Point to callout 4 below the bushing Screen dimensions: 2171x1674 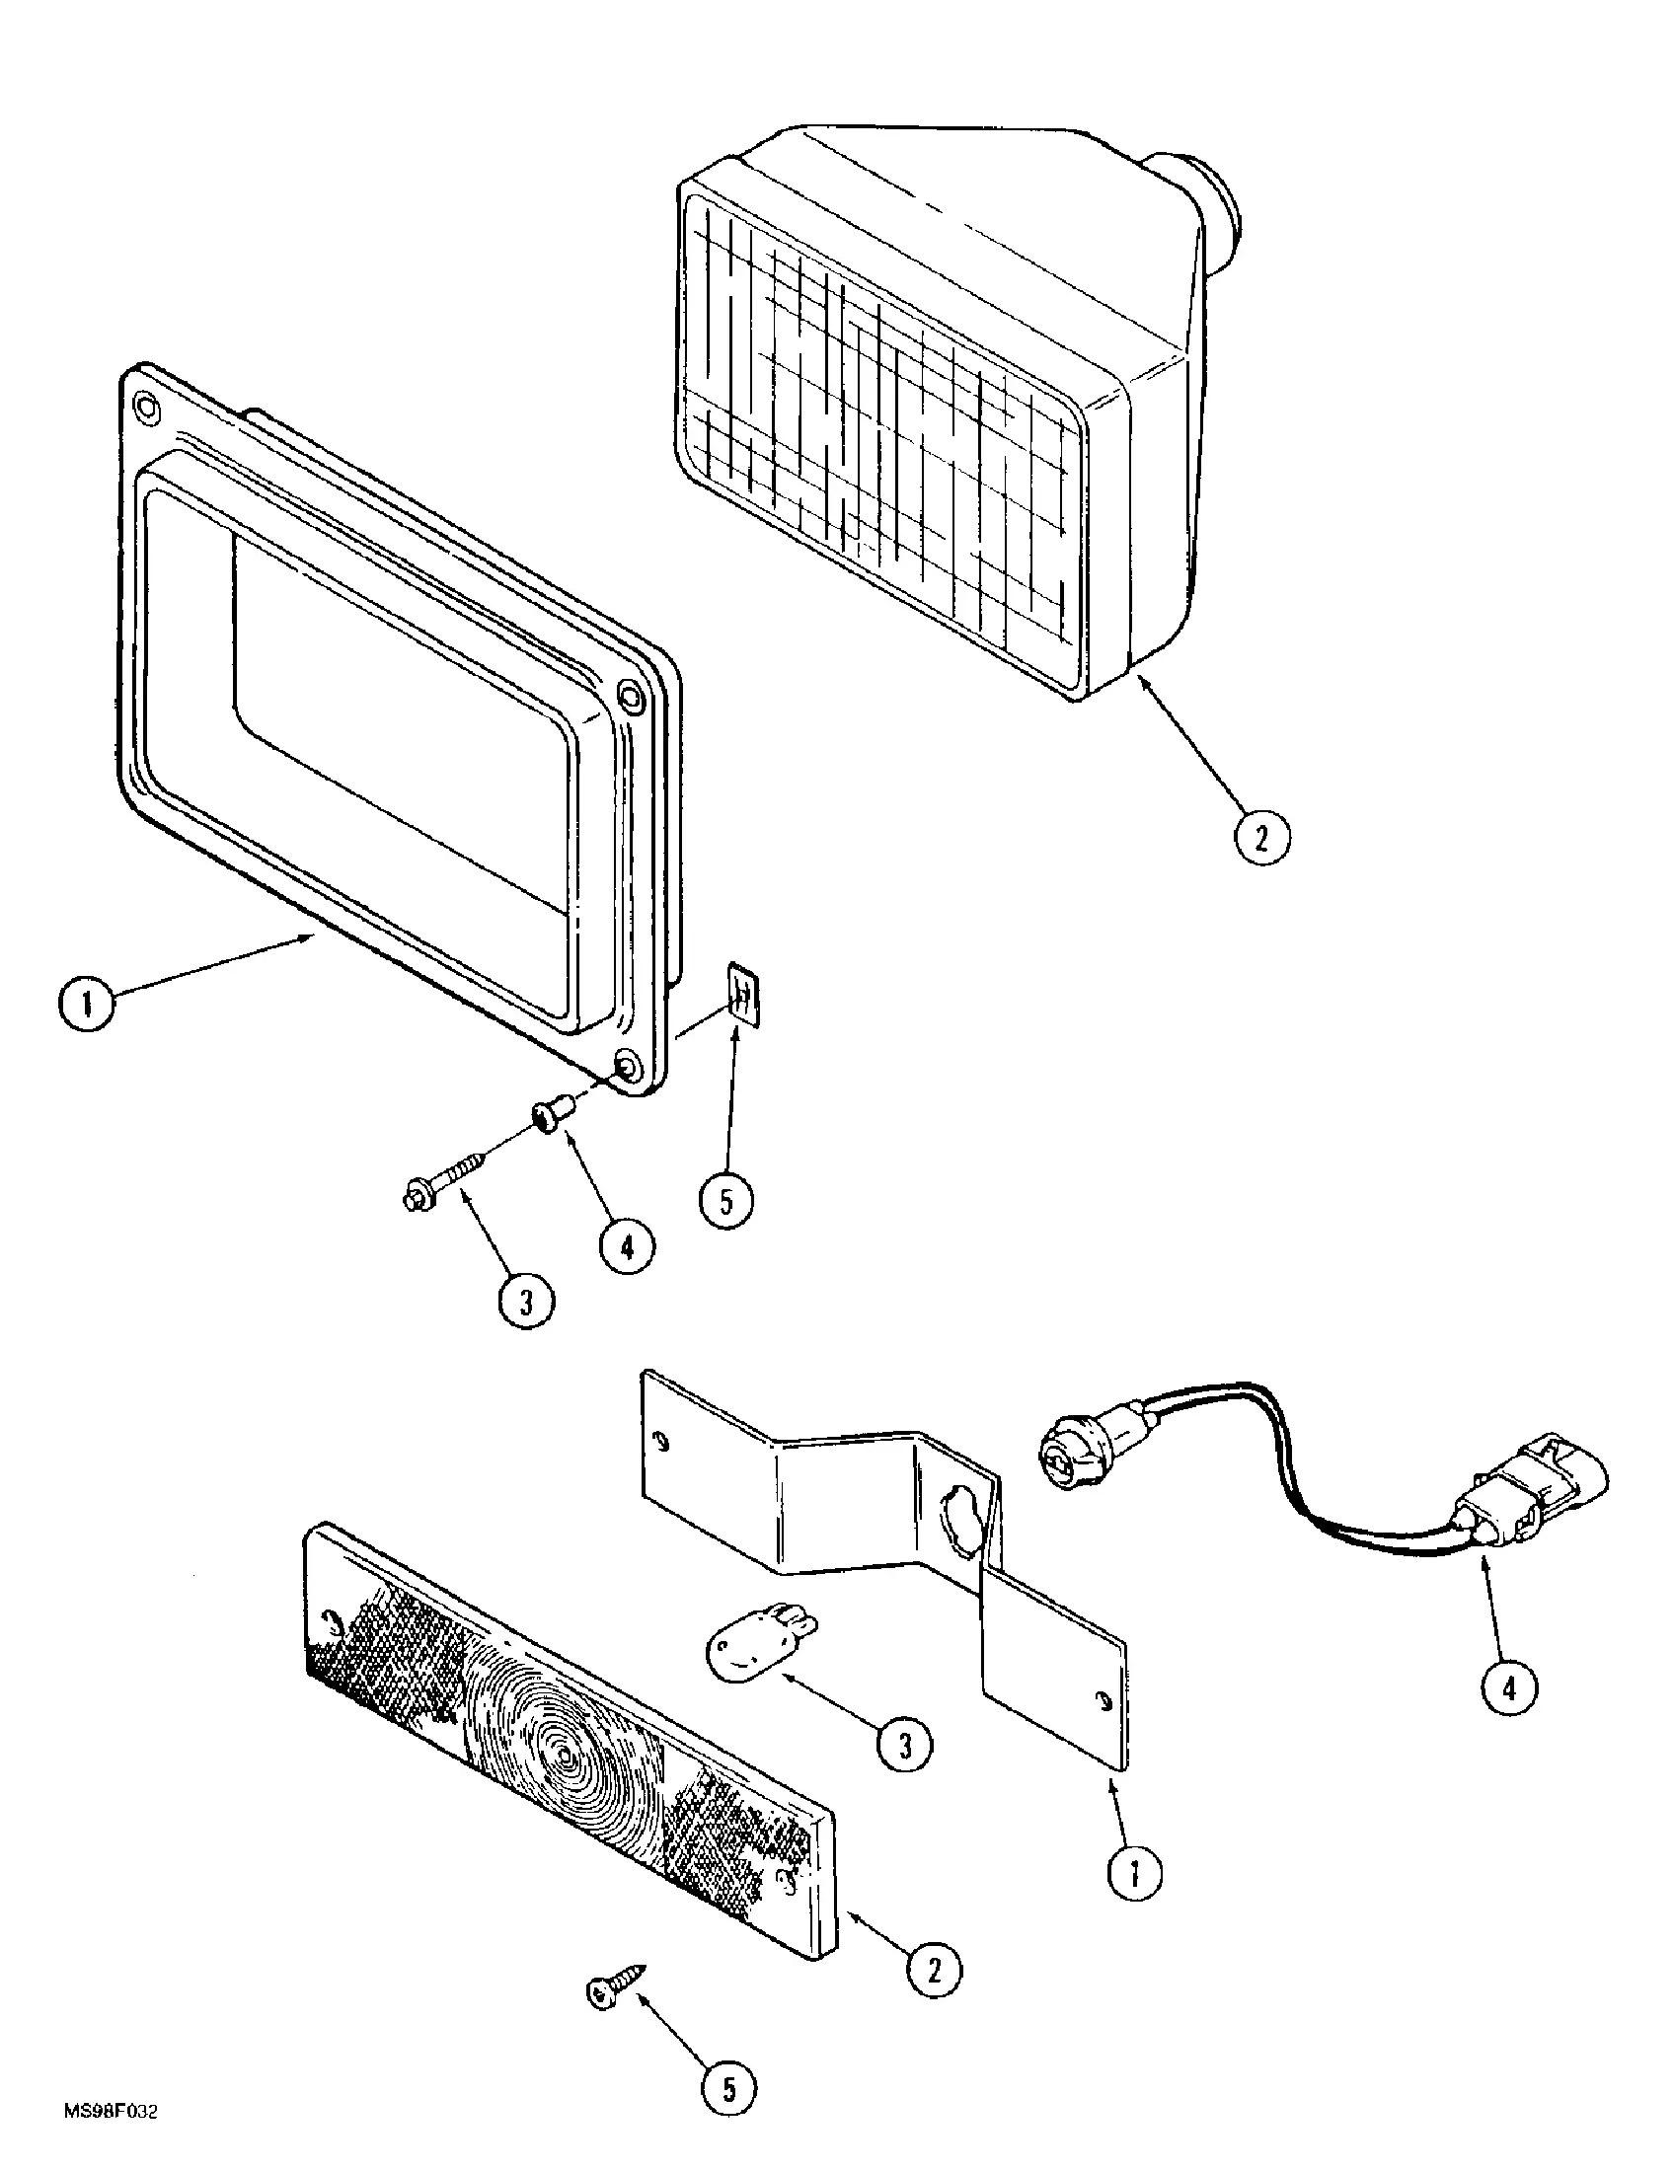tap(625, 1246)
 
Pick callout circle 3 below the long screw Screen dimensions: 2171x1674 tap(526, 1301)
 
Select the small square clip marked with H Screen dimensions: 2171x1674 tap(743, 991)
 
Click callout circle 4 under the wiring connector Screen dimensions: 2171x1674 tap(1508, 1686)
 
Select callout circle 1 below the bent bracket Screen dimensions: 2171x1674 tap(1134, 1873)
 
